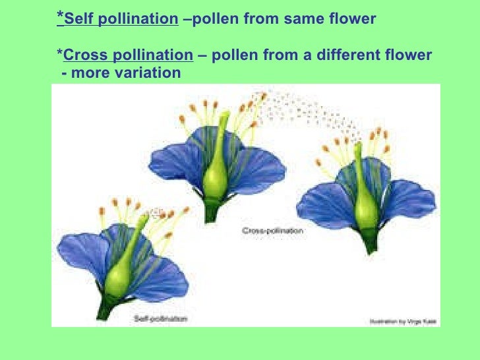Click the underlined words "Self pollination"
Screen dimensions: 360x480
pos(121,19)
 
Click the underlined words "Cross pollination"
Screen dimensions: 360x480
pos(128,55)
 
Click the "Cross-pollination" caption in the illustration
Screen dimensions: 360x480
pos(272,231)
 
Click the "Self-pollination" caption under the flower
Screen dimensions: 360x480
pos(161,318)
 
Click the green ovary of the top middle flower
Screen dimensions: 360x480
pos(216,179)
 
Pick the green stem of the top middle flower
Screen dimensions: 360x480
pos(211,212)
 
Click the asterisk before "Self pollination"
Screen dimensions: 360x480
pos(60,16)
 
